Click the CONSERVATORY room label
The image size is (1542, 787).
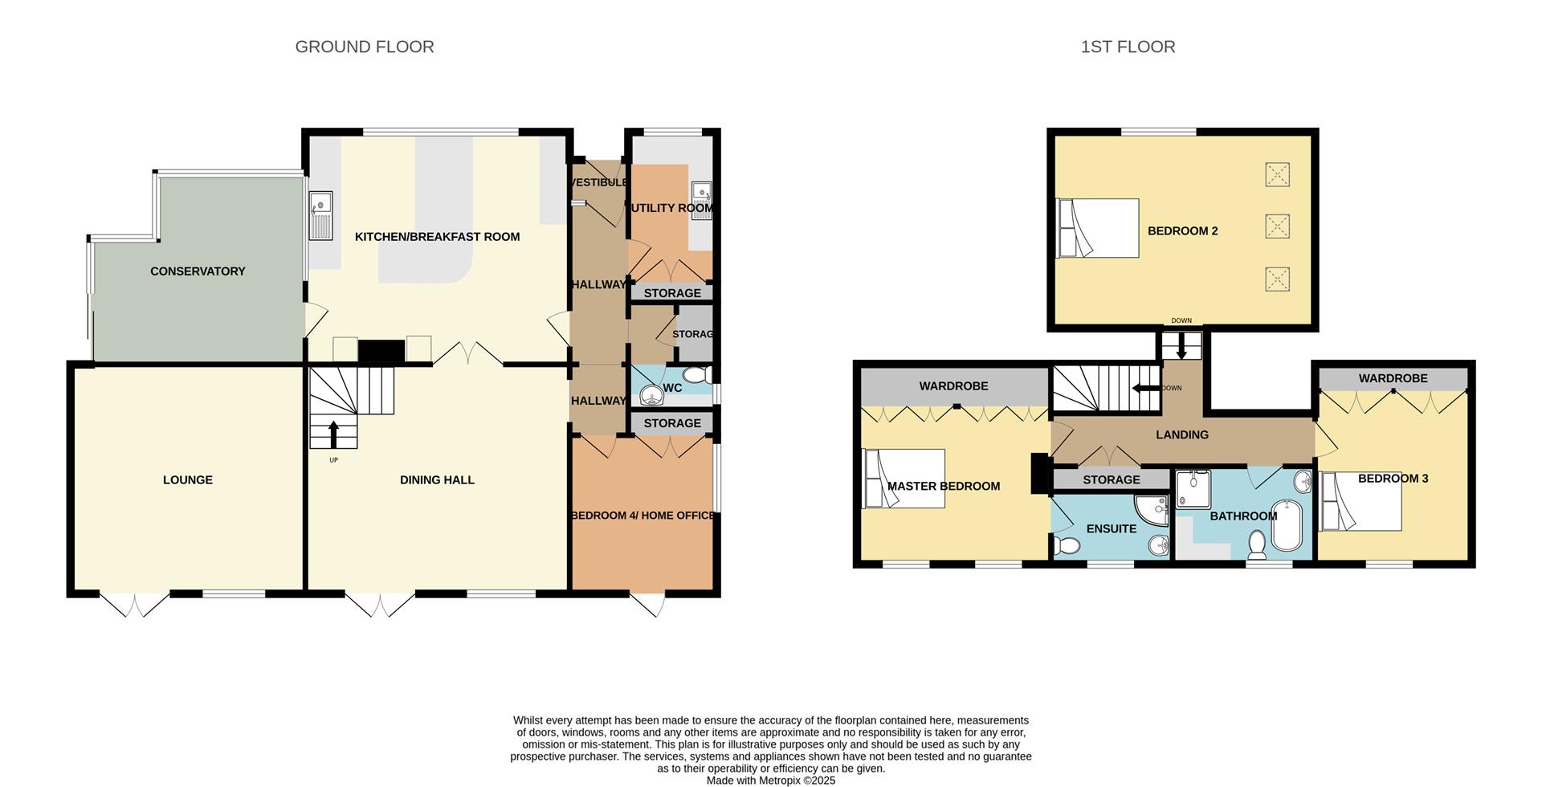pyautogui.click(x=198, y=271)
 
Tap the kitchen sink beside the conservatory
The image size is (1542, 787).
pyautogui.click(x=321, y=215)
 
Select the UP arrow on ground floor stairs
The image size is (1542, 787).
pyautogui.click(x=334, y=434)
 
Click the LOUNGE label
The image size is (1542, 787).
pyautogui.click(x=188, y=480)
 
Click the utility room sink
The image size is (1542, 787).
pyautogui.click(x=701, y=193)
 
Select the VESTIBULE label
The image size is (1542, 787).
pyautogui.click(x=598, y=183)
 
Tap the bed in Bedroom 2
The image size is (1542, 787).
pyautogui.click(x=1098, y=228)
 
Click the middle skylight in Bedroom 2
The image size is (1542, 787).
pyautogui.click(x=1277, y=226)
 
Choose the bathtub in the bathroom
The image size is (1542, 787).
pyautogui.click(x=1287, y=526)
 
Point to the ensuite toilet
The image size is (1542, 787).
pyautogui.click(x=1067, y=547)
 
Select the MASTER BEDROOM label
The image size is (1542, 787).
pyautogui.click(x=944, y=486)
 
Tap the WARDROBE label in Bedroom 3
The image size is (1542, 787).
pyautogui.click(x=1393, y=378)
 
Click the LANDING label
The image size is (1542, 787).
pyautogui.click(x=1181, y=434)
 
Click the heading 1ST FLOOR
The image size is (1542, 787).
pyautogui.click(x=1128, y=47)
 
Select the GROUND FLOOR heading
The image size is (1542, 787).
pyautogui.click(x=365, y=47)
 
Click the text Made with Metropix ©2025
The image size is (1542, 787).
pyautogui.click(x=771, y=780)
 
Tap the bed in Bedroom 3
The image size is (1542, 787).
pyautogui.click(x=1361, y=503)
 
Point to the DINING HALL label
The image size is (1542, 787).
pyautogui.click(x=437, y=480)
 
